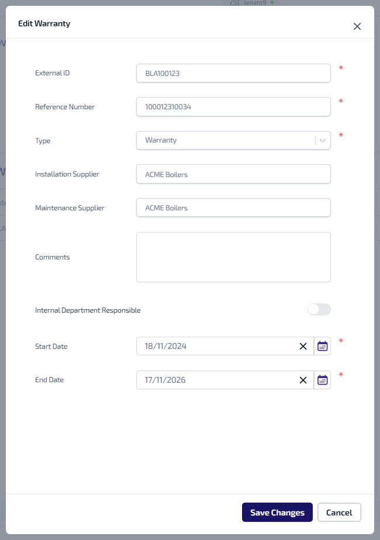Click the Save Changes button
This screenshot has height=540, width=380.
pyautogui.click(x=277, y=513)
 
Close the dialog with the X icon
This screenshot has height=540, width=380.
pyautogui.click(x=357, y=26)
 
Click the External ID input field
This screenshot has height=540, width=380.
pyautogui.click(x=233, y=74)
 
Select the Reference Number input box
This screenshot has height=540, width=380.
pyautogui.click(x=233, y=107)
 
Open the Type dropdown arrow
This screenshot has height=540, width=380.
pyautogui.click(x=323, y=140)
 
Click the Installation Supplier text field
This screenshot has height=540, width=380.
pyautogui.click(x=233, y=174)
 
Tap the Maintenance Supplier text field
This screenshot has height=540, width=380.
pyautogui.click(x=233, y=207)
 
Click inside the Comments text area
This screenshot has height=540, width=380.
pyautogui.click(x=233, y=257)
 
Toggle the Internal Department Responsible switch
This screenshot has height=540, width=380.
pyautogui.click(x=319, y=310)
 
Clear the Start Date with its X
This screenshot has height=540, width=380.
pyautogui.click(x=303, y=347)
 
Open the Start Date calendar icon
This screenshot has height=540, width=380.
pyautogui.click(x=323, y=347)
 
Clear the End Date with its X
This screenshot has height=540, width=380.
pyautogui.click(x=303, y=380)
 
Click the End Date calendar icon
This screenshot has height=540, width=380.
pyautogui.click(x=323, y=380)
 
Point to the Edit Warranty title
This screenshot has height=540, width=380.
pyautogui.click(x=44, y=24)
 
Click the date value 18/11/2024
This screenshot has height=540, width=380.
pyautogui.click(x=165, y=347)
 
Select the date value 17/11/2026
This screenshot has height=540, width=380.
pyautogui.click(x=165, y=380)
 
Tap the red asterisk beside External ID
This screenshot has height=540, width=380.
pyautogui.click(x=341, y=68)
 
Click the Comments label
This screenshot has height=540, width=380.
pyautogui.click(x=53, y=257)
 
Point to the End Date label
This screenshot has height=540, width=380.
pyautogui.click(x=50, y=380)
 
